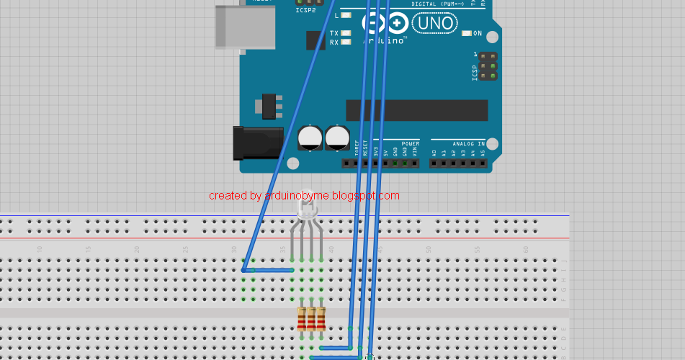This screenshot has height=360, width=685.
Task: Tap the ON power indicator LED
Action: coord(466,33)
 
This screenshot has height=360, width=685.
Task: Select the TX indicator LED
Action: coord(346,34)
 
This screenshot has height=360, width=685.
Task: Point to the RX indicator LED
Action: coord(346,42)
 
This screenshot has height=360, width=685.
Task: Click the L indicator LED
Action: coord(346,14)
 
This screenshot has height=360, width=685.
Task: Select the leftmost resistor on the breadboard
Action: coord(302,318)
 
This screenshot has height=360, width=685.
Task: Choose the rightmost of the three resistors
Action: coord(321,318)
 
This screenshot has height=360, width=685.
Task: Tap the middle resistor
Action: coord(311,318)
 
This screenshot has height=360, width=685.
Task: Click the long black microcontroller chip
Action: coord(416,110)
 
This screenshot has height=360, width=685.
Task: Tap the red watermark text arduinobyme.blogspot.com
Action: coord(303,196)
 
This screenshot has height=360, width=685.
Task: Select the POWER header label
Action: coord(410,144)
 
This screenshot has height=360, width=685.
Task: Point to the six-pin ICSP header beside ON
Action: coord(488,66)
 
